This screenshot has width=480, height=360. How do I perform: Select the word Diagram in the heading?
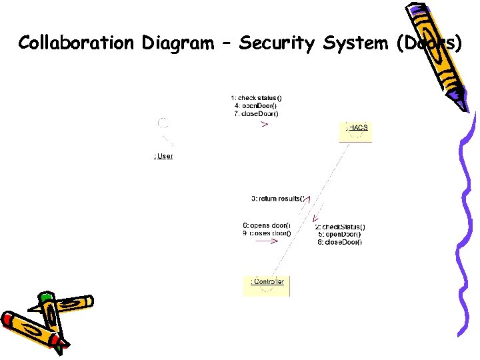(x=175, y=43)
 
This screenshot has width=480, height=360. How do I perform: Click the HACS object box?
(x=356, y=131)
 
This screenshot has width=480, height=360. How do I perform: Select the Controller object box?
(x=267, y=285)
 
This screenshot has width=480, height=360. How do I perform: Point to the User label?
(x=163, y=156)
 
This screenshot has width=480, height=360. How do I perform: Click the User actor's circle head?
(x=163, y=123)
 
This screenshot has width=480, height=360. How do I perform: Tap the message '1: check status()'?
(x=257, y=98)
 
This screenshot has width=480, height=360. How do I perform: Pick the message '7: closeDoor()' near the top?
(x=257, y=113)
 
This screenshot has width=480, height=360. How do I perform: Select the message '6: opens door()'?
(x=267, y=225)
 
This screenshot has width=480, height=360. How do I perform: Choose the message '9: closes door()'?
(x=267, y=233)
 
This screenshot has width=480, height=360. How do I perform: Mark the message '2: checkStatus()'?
(x=341, y=227)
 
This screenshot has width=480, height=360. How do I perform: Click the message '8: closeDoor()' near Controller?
(x=340, y=242)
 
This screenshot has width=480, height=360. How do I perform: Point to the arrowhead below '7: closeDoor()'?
(x=265, y=124)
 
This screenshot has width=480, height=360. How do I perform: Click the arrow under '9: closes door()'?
(x=267, y=242)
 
